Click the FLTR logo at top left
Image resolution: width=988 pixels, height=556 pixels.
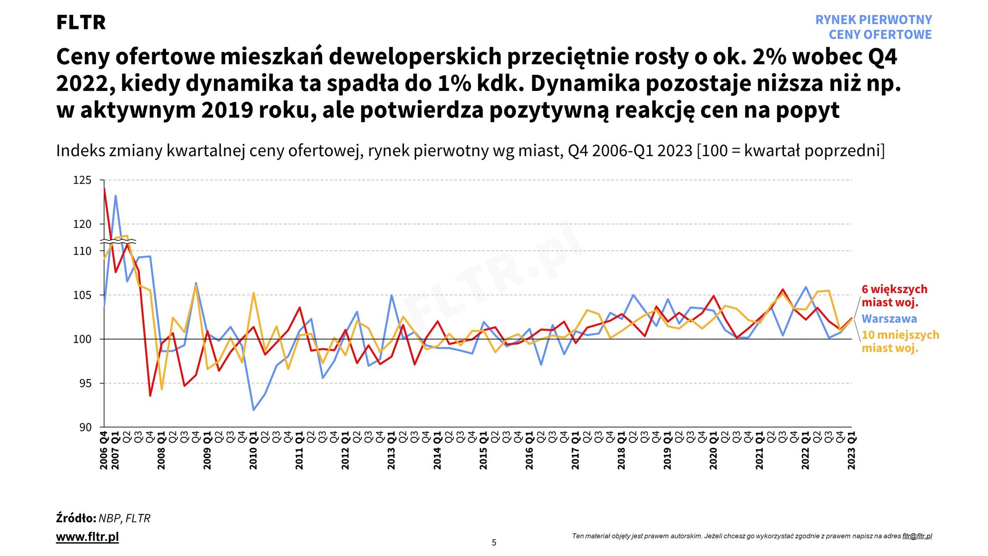81,22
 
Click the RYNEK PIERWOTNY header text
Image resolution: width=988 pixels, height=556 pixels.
873,20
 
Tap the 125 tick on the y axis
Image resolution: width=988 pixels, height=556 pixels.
82,180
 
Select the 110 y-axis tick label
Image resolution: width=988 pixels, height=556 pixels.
82,251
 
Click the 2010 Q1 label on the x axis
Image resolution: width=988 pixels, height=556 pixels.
253,450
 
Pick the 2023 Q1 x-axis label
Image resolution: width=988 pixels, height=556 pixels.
851,450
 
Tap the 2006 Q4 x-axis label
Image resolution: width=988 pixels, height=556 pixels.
104,450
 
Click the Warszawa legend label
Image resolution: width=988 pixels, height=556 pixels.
889,319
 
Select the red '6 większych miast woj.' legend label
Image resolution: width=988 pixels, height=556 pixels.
894,296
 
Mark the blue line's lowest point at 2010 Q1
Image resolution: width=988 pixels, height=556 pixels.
253,410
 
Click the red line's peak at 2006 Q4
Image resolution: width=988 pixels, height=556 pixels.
104,188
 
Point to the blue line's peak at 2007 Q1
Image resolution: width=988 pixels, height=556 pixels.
116,196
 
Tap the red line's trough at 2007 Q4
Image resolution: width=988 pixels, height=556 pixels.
150,395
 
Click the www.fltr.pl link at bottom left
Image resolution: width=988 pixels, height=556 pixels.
87,537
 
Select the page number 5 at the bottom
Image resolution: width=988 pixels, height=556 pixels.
494,543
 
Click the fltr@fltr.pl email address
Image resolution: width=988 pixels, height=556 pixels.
917,536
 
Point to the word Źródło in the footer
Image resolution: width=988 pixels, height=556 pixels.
76,518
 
